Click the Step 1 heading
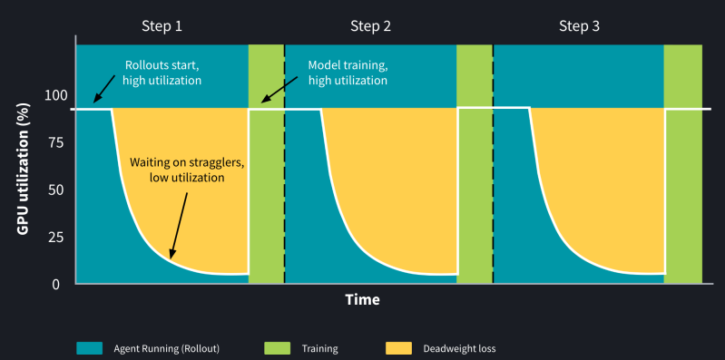pyautogui.click(x=162, y=25)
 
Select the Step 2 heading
pyautogui.click(x=370, y=25)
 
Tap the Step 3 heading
pyautogui.click(x=579, y=25)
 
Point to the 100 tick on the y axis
pyautogui.click(x=55, y=95)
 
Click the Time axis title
pyautogui.click(x=362, y=299)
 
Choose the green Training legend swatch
pyautogui.click(x=276, y=347)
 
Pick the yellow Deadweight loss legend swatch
pyautogui.click(x=399, y=347)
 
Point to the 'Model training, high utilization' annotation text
pyautogui.click(x=348, y=73)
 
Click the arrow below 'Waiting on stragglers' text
pyautogui.click(x=180, y=223)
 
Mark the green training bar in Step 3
pyautogui.click(x=683, y=163)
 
